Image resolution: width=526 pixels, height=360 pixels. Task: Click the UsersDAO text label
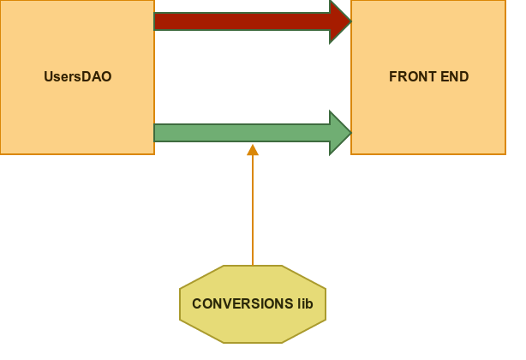(77, 77)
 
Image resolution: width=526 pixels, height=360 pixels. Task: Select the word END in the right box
(454, 77)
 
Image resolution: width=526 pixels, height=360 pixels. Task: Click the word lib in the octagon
(306, 304)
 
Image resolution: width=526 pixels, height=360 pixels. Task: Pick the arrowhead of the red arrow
(341, 21)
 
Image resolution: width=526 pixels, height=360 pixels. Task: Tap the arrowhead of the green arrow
(341, 133)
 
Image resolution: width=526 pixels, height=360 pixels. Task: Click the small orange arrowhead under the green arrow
(253, 150)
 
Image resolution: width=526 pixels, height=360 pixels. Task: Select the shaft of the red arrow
(240, 21)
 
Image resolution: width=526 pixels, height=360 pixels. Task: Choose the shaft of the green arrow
(240, 133)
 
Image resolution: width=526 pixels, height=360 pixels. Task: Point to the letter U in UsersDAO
(48, 77)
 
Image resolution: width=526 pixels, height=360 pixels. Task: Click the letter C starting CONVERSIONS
(196, 304)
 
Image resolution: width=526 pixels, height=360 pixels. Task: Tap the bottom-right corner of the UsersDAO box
(154, 154)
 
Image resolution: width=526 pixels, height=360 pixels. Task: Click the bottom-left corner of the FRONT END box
(351, 154)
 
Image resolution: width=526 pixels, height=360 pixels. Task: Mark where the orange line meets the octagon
(253, 266)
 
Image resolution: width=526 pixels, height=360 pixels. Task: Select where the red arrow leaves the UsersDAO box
(155, 21)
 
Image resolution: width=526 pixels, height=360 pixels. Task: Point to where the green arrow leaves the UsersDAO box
(155, 133)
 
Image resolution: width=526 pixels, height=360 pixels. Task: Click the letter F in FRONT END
(393, 77)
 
